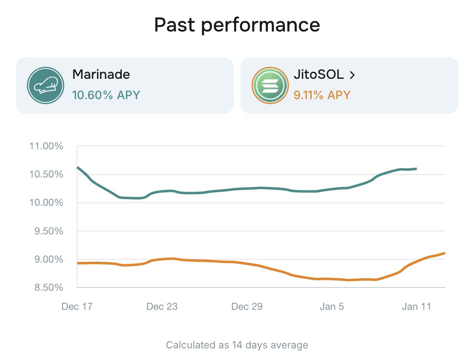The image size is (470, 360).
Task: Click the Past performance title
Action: click(237, 25)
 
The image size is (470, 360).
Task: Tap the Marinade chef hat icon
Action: click(45, 85)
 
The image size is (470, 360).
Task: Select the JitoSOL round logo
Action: click(270, 85)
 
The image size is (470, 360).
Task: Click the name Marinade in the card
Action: click(101, 75)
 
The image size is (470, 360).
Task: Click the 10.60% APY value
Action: click(106, 95)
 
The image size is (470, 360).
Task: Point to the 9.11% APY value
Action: click(322, 95)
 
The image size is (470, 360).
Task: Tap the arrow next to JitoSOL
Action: click(352, 75)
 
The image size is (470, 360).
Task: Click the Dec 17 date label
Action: click(77, 306)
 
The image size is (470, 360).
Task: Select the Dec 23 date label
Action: click(162, 306)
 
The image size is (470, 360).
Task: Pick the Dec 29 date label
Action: click(247, 306)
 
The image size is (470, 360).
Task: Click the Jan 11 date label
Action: click(417, 306)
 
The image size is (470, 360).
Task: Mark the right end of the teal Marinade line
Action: click(416, 169)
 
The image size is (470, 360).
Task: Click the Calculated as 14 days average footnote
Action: click(237, 345)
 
